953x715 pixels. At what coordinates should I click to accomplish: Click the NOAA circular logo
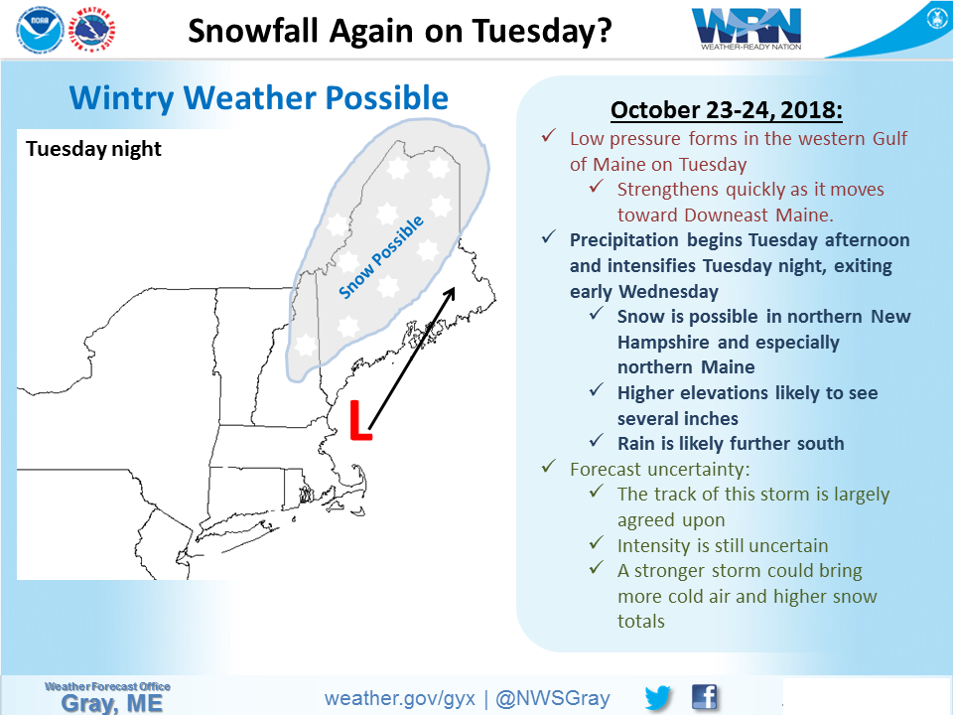point(40,29)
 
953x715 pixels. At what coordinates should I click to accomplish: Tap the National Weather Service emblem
point(91,29)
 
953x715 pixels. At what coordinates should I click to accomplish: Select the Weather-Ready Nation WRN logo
point(747,28)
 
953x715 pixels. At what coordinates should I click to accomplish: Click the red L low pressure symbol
point(360,420)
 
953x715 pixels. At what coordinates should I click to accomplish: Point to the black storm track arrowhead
point(450,294)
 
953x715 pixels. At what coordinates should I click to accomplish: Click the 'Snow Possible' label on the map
point(381,257)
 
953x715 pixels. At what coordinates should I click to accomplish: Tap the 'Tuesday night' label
point(93,149)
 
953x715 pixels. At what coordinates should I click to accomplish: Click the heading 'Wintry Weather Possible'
point(259,98)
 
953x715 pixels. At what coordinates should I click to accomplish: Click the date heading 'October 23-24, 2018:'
point(727,110)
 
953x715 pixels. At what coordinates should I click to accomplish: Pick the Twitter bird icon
point(657,697)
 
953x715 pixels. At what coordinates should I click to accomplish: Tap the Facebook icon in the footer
point(705,697)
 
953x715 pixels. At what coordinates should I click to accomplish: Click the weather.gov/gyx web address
point(399,698)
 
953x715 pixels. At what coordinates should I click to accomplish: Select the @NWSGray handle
point(553,698)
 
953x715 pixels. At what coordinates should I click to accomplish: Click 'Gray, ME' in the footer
point(112,704)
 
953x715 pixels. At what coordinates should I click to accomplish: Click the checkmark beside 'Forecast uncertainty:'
point(549,467)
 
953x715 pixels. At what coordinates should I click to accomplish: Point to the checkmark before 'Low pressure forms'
point(549,136)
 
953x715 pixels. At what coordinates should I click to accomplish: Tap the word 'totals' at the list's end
point(641,622)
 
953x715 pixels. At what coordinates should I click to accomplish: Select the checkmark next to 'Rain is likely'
point(597,440)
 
